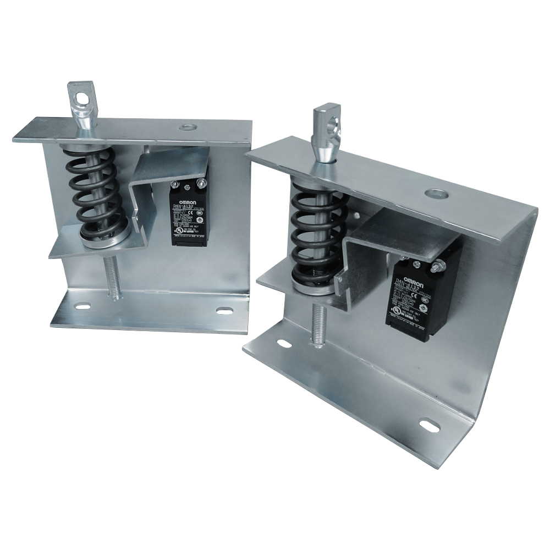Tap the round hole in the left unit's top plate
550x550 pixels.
pos(188,127)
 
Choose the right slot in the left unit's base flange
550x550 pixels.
pos(224,311)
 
